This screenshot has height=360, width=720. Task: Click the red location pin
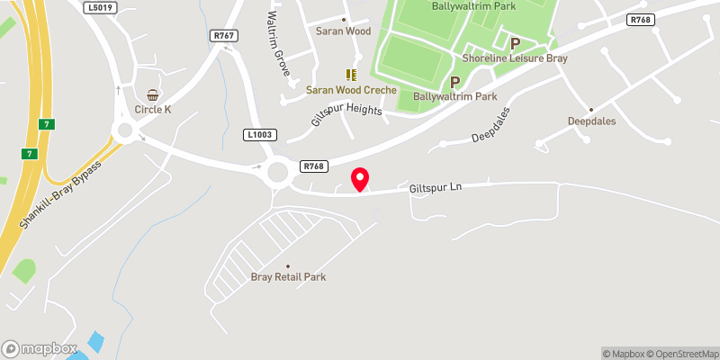pos(360,178)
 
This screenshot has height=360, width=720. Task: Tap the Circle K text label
pos(153,109)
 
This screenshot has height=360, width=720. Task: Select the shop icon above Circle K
pos(153,94)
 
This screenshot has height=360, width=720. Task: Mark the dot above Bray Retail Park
pos(288,265)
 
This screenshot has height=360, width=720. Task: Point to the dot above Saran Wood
pos(343,19)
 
